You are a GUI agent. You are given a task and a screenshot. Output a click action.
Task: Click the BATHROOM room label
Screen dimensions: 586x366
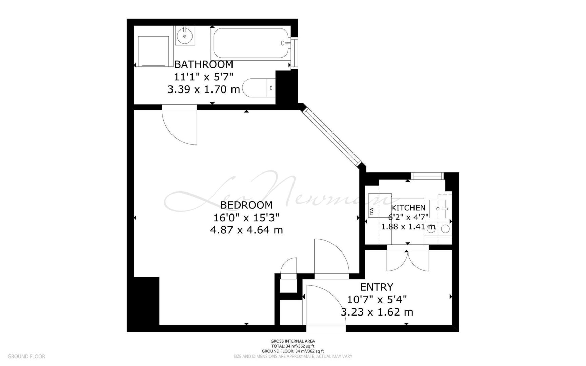click(x=203, y=64)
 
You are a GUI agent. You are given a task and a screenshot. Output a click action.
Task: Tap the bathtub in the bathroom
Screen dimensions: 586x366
click(x=251, y=43)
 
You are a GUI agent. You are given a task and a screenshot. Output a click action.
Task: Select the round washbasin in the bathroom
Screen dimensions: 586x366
click(x=185, y=36)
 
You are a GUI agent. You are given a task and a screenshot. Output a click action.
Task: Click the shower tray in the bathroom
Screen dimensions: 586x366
click(x=154, y=51)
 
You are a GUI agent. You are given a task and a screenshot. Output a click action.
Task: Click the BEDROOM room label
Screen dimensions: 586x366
click(x=246, y=205)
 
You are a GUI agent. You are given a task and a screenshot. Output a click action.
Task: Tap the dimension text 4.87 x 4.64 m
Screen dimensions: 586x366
click(x=246, y=230)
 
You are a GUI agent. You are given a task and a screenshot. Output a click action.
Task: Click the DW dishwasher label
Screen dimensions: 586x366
click(x=372, y=211)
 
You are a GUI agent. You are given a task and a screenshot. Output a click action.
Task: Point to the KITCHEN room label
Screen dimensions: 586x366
click(x=408, y=208)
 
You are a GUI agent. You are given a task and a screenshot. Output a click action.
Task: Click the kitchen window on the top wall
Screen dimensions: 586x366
click(x=428, y=176)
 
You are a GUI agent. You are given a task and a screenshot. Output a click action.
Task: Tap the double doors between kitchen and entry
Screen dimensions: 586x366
click(x=408, y=260)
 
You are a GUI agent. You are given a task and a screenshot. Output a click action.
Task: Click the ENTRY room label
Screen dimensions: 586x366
click(x=377, y=287)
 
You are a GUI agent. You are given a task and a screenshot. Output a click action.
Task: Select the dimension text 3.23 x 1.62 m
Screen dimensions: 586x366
click(x=377, y=312)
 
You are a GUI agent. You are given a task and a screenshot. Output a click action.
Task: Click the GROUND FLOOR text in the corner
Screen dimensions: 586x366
click(x=26, y=357)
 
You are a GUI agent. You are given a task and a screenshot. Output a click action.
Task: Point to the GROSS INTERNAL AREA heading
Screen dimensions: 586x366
click(x=293, y=341)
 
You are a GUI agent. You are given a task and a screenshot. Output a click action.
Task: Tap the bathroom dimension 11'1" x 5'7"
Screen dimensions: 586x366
click(x=204, y=77)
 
